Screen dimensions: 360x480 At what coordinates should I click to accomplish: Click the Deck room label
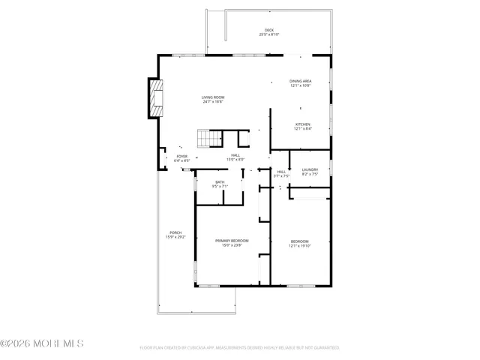click(268, 30)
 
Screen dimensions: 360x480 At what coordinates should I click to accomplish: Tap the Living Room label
click(212, 97)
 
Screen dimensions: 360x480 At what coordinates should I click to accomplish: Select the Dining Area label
click(301, 81)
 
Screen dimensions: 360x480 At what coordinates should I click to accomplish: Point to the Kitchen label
click(302, 124)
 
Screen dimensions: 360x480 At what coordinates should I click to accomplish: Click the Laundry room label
click(310, 169)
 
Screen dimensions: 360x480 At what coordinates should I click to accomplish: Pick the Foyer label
click(182, 156)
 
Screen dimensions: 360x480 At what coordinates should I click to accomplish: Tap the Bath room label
click(220, 182)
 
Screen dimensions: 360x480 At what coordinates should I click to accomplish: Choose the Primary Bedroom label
click(232, 240)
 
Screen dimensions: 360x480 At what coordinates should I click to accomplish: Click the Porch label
click(175, 232)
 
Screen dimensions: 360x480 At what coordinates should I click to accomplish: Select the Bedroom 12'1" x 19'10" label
click(299, 241)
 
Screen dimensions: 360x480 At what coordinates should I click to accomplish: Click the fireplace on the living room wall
click(154, 98)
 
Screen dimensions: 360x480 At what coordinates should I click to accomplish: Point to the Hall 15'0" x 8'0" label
click(235, 155)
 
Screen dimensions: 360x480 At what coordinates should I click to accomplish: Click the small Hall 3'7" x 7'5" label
click(281, 172)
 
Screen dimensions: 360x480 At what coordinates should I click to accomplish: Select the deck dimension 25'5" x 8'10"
click(268, 34)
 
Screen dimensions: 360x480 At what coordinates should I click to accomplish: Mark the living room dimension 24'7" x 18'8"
click(212, 102)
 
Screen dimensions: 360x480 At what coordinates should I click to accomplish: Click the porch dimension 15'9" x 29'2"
click(175, 237)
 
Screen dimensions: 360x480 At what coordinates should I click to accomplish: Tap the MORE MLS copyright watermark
click(43, 343)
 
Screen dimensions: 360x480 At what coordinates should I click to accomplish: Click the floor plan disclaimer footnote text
click(239, 348)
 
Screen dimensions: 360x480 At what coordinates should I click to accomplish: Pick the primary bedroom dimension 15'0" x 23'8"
click(232, 244)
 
